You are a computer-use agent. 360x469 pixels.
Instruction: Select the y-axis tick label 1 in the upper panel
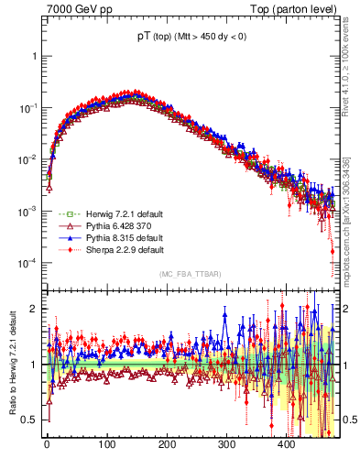coord(35,56)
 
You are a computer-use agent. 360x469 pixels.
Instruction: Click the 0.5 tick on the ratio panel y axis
coord(30,420)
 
